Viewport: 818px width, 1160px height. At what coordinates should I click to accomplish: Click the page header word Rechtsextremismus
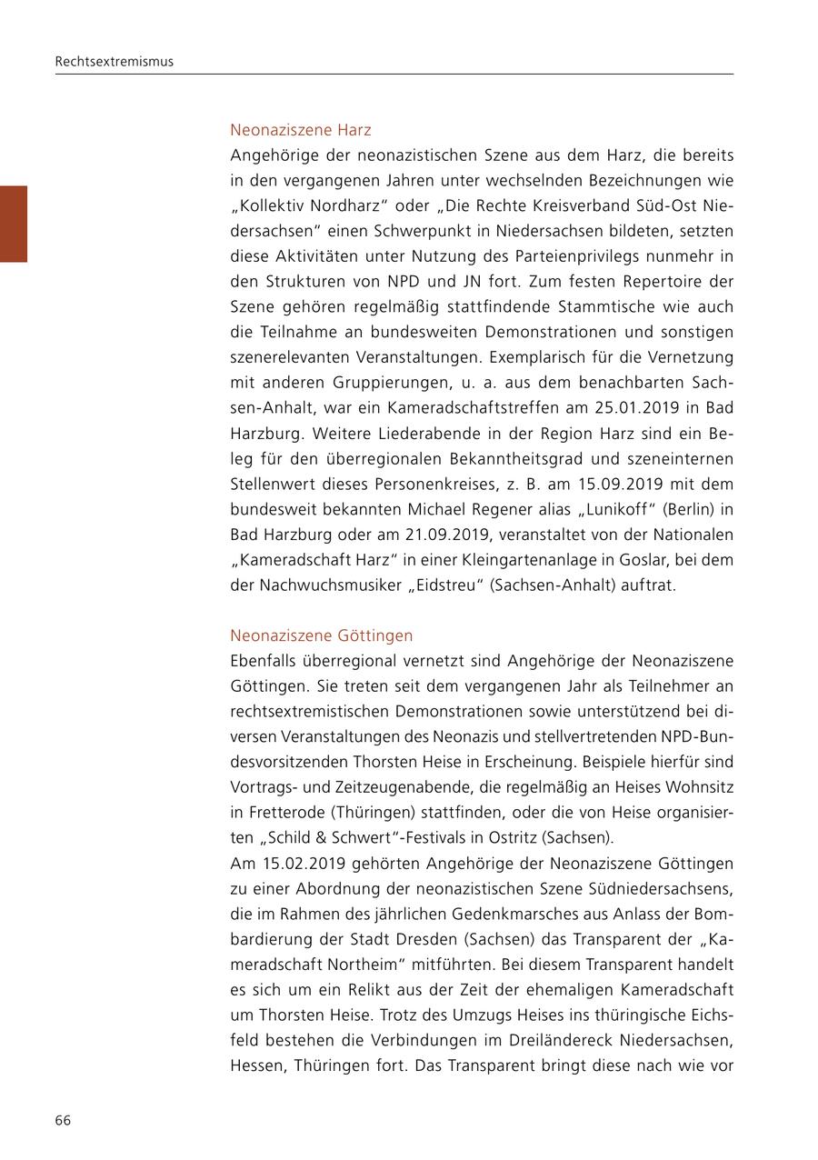114,62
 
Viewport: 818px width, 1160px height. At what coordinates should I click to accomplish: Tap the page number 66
63,1120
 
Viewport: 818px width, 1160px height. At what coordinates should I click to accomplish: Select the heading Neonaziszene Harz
300,130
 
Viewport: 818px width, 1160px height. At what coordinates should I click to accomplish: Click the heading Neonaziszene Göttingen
321,635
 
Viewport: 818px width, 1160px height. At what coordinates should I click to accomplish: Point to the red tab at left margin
14,224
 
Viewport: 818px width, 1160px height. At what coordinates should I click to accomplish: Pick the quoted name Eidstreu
444,585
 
